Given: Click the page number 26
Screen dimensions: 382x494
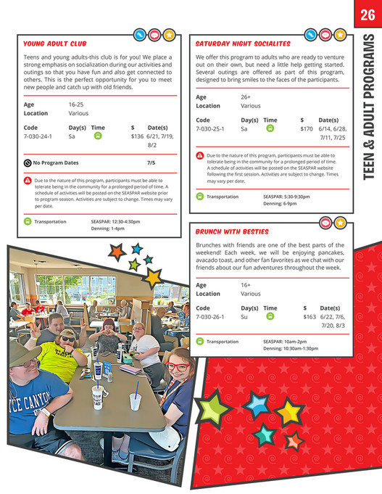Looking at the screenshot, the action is coord(366,14).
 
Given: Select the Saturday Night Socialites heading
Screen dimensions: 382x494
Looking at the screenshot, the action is coord(243,44).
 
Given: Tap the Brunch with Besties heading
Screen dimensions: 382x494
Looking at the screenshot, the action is coord(232,232).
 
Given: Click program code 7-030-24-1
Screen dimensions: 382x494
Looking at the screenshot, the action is coord(38,136).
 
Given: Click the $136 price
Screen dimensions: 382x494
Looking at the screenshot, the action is coord(137,136).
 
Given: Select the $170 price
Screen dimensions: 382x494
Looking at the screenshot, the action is coord(307,128).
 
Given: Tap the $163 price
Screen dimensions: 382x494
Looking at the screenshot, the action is coord(310,316).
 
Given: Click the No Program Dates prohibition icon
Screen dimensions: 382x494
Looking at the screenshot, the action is coord(27,163).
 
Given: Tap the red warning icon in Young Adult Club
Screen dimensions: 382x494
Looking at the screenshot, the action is coord(27,180).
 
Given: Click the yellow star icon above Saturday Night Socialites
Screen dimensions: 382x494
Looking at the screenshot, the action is coord(340,34).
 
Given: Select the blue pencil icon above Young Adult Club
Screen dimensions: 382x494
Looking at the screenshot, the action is coord(140,34).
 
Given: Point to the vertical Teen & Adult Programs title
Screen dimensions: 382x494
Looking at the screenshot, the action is coord(367,109).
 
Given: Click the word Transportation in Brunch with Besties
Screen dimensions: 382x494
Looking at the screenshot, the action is coord(223,341).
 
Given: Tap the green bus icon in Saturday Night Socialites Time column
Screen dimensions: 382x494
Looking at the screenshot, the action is coord(270,128).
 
